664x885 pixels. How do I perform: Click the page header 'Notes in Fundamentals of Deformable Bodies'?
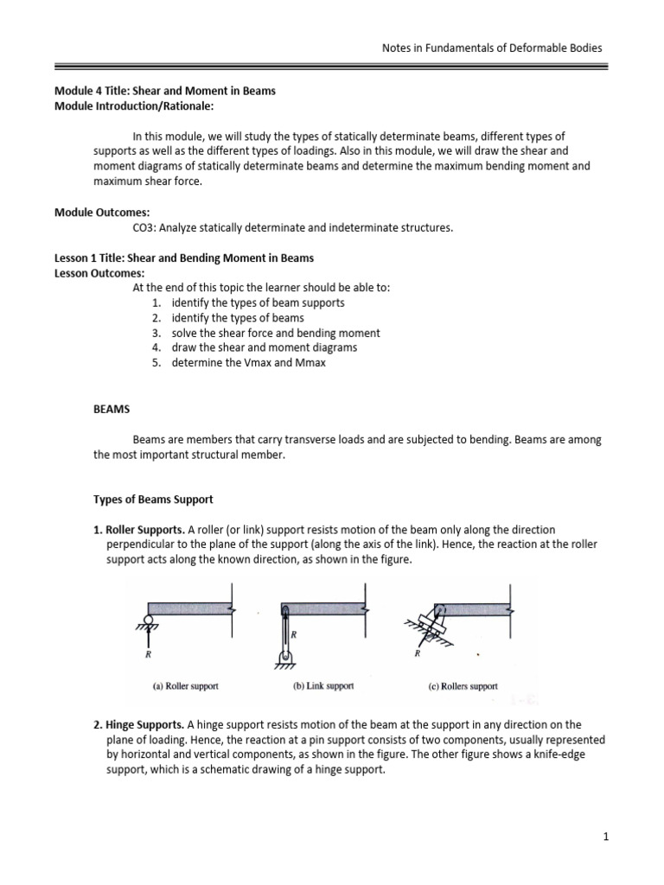click(x=492, y=48)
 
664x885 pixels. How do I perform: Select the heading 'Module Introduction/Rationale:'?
click(x=133, y=105)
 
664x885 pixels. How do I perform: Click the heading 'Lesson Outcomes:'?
click(x=99, y=273)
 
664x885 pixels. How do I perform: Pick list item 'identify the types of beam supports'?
click(x=258, y=303)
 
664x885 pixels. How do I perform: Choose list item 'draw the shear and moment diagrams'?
click(x=264, y=347)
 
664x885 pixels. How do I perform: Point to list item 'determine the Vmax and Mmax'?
click(x=249, y=362)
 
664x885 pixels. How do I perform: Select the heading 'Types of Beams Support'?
click(x=153, y=500)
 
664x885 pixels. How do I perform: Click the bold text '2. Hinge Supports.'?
click(x=137, y=725)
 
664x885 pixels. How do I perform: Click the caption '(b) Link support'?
click(x=324, y=686)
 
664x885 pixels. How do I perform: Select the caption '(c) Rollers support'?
click(x=463, y=686)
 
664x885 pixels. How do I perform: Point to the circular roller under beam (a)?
click(x=148, y=620)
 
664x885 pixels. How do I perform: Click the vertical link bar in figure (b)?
click(x=284, y=640)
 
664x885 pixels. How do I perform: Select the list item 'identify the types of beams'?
click(x=238, y=318)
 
